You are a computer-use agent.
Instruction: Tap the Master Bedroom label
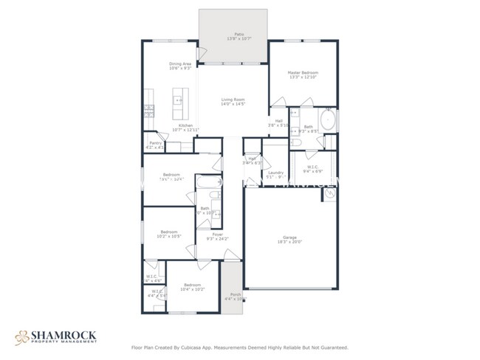point(303,75)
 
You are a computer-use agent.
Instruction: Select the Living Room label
point(233,101)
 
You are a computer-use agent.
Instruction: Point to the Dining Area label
point(181,66)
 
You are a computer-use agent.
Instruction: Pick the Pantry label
point(156,145)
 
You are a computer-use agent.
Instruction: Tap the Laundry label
point(276,174)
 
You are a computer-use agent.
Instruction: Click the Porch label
point(236,297)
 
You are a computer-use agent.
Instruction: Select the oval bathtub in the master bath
point(328,120)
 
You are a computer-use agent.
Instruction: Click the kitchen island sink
point(178,100)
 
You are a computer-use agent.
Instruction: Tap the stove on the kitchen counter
point(148,111)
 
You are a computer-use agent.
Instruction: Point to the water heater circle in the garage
point(329,194)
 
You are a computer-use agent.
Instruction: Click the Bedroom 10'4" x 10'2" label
point(192,286)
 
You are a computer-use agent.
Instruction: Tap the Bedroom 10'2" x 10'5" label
point(168,235)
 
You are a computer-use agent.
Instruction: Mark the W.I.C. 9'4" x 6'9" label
point(313,169)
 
